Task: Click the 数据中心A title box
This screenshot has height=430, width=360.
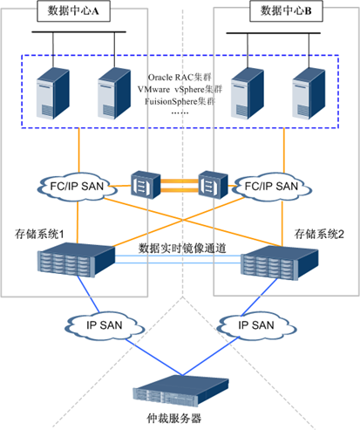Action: (73, 11)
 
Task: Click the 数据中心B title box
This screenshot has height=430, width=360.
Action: (286, 11)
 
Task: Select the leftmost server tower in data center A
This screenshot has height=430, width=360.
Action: (53, 93)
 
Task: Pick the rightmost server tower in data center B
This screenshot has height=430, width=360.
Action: (309, 93)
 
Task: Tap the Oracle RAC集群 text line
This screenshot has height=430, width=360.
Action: (180, 78)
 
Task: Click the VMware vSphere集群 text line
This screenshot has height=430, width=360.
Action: (180, 89)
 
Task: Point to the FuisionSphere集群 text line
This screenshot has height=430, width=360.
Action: (180, 101)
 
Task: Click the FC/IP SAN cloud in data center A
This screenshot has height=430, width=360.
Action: (77, 187)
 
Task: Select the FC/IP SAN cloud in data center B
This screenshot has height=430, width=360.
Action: (272, 187)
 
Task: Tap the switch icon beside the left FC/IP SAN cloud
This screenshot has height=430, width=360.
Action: (146, 185)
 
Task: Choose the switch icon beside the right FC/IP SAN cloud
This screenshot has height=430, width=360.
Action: (213, 185)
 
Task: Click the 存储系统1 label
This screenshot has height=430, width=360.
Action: (39, 234)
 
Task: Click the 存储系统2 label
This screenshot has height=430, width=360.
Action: (319, 234)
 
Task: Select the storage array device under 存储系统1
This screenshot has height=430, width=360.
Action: (77, 260)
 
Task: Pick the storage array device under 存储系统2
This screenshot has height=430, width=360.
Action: (280, 263)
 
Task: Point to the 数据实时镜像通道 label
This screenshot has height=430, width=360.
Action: (182, 249)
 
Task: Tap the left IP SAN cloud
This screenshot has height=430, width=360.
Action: (105, 325)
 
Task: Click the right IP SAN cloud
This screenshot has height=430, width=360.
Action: (256, 325)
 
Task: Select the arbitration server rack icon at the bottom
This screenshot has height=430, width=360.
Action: (181, 391)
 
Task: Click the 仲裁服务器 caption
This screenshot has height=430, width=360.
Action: (173, 419)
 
